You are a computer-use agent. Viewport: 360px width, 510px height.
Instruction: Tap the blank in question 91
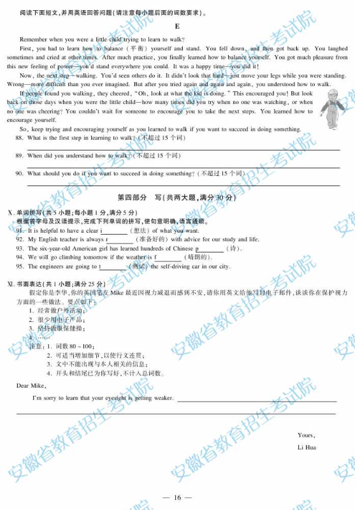115,231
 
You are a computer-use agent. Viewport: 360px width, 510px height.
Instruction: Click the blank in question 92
119,240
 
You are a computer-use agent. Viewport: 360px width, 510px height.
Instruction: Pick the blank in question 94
168,258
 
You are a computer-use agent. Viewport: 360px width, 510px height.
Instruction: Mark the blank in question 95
113,266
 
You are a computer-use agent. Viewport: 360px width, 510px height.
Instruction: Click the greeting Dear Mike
31,386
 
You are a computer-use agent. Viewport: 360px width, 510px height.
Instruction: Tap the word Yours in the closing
306,435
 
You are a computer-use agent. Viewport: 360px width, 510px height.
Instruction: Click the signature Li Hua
306,448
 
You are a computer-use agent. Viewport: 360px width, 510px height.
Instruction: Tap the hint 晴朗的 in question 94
193,258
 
